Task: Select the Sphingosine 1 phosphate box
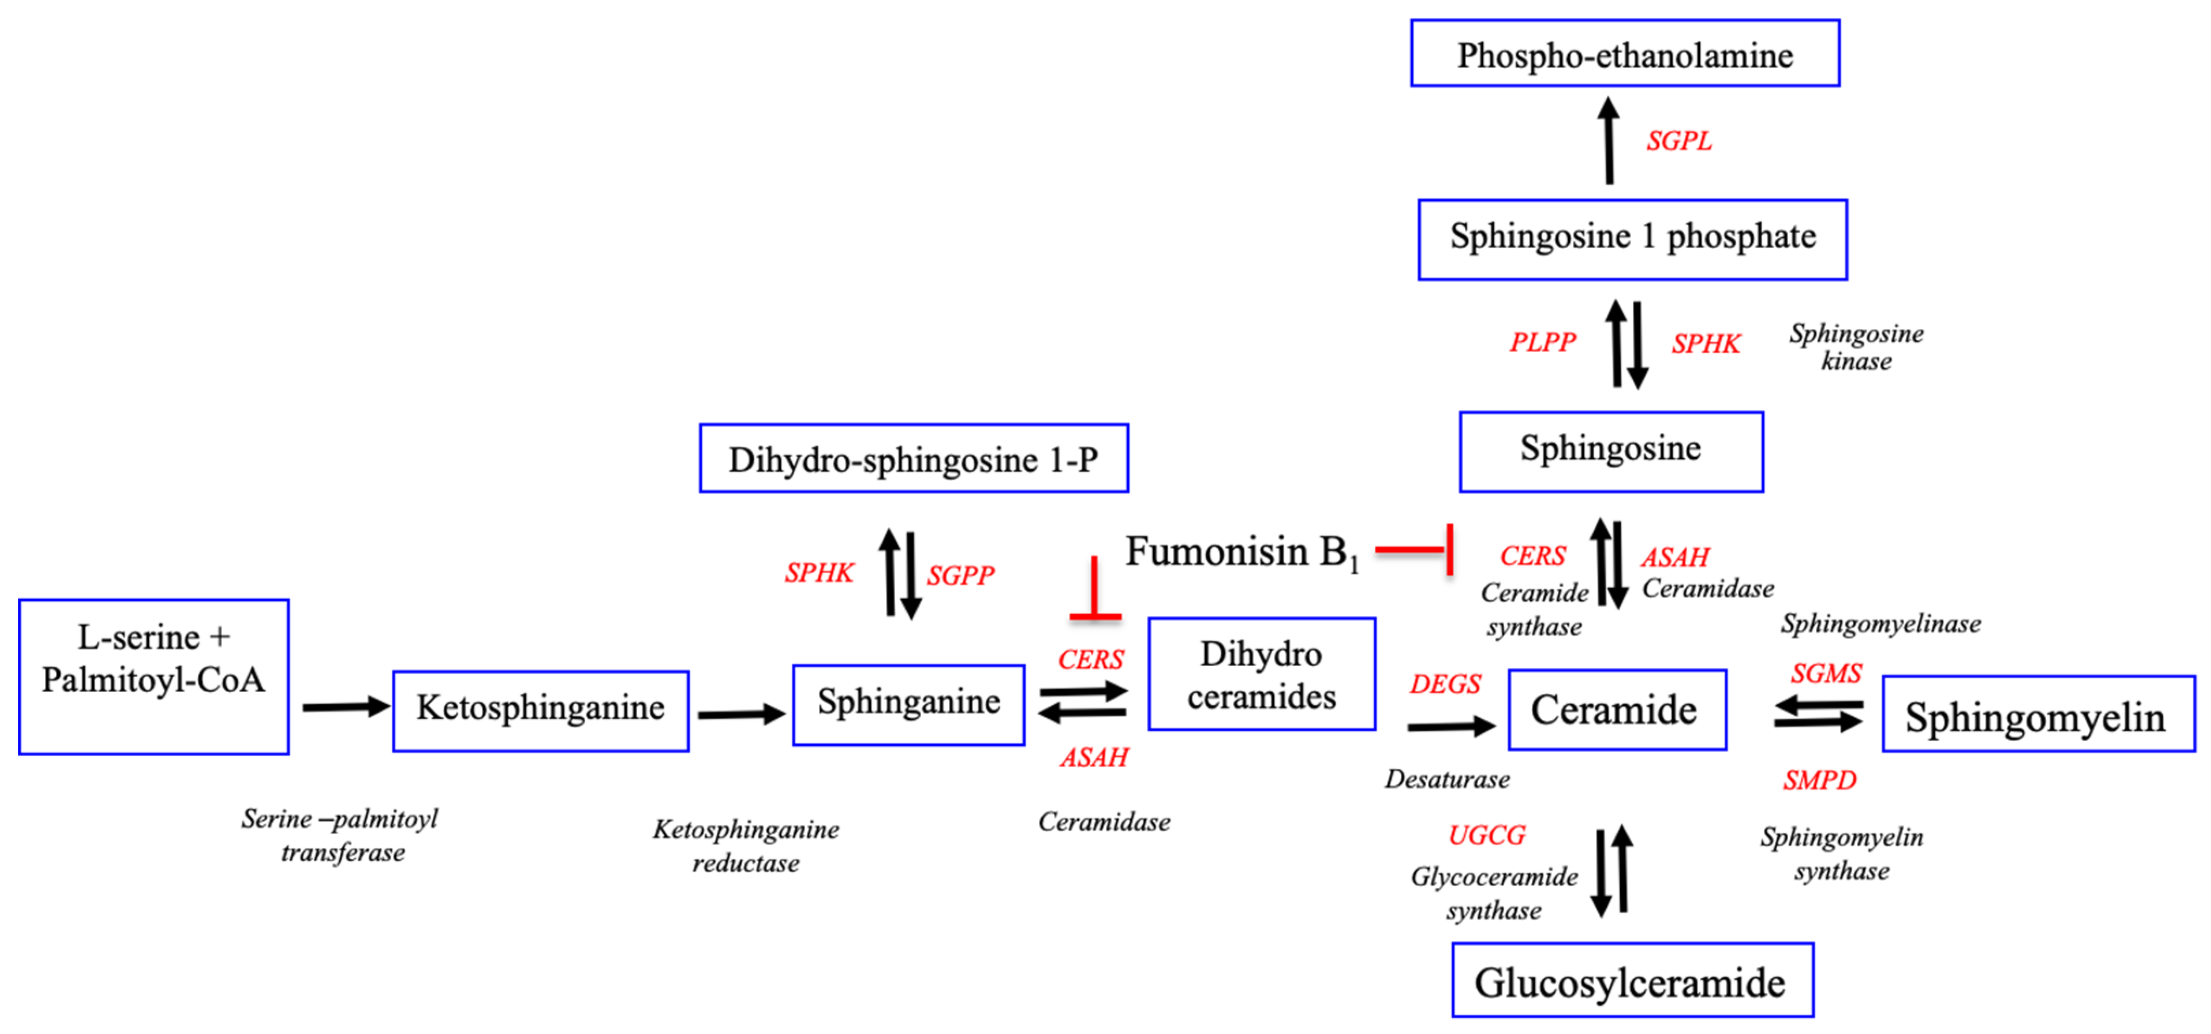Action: [1632, 239]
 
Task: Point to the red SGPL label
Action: [1678, 141]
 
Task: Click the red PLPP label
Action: [1542, 342]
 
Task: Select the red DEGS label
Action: [1445, 684]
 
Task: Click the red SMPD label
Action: [1819, 780]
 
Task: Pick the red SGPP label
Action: [960, 575]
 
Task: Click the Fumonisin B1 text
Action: [1241, 552]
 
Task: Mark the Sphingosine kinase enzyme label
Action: [1856, 347]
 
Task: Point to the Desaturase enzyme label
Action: [1447, 779]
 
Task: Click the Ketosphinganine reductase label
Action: [746, 845]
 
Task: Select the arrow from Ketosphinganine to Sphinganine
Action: [741, 713]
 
